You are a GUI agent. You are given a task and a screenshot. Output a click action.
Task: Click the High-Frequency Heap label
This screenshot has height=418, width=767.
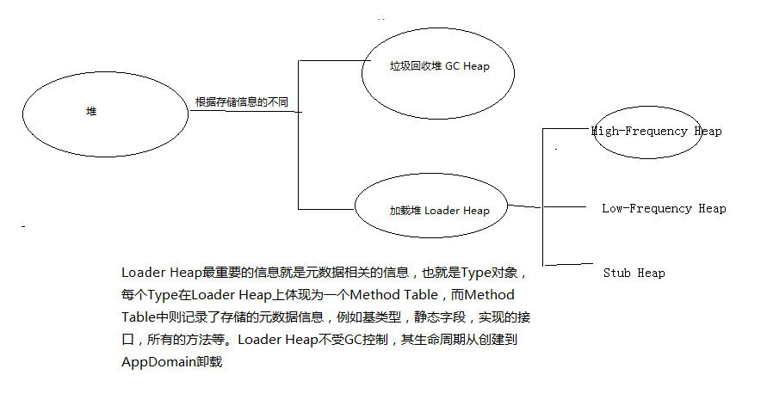tap(656, 132)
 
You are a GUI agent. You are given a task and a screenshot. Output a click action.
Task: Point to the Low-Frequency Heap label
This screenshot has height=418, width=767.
tap(664, 208)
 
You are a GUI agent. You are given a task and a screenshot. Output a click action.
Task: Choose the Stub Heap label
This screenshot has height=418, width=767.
tap(634, 274)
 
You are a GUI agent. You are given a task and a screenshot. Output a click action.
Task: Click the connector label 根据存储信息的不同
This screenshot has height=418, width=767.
tap(241, 101)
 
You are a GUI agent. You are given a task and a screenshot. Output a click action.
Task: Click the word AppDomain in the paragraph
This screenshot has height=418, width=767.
tap(161, 362)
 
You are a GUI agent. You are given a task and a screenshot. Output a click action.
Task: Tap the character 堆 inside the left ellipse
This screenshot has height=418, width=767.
tap(92, 112)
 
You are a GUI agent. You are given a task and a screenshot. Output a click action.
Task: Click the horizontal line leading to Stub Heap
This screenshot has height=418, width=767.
tap(568, 263)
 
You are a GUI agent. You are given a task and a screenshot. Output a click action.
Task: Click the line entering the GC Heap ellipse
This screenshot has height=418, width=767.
tap(331, 60)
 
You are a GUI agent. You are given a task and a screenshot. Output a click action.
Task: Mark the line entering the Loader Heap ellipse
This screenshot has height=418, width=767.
tap(327, 209)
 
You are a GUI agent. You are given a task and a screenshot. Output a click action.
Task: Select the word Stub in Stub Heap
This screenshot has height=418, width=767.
tap(616, 274)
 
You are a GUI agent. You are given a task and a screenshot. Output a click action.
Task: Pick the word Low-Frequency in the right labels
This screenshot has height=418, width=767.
tap(646, 208)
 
